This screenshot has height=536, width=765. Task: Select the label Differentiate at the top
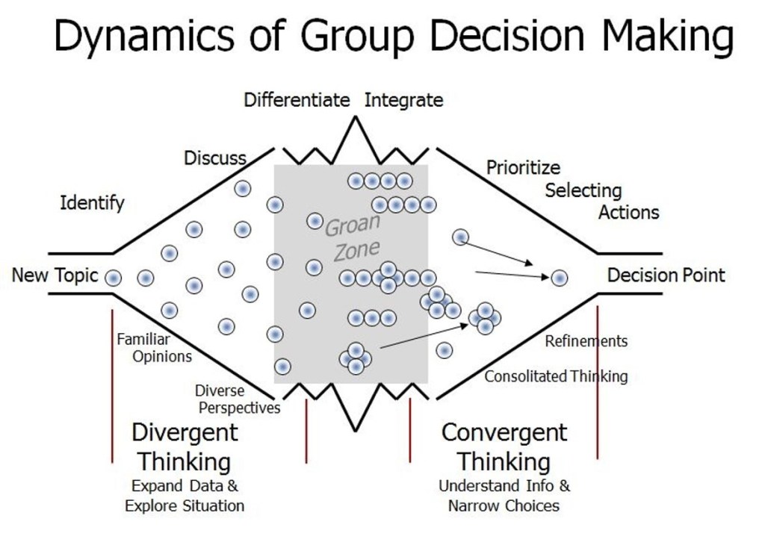pyautogui.click(x=297, y=100)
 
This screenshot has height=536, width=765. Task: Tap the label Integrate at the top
pyautogui.click(x=403, y=100)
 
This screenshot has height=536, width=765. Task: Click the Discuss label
pyautogui.click(x=215, y=158)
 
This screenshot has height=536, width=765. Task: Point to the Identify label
pyautogui.click(x=92, y=203)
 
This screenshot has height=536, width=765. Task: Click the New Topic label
pyautogui.click(x=55, y=275)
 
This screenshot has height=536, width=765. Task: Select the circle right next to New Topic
pyautogui.click(x=113, y=278)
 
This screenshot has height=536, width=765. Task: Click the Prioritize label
pyautogui.click(x=523, y=167)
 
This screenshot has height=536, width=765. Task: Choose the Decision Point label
pyautogui.click(x=666, y=275)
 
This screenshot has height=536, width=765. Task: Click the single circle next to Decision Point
pyautogui.click(x=560, y=278)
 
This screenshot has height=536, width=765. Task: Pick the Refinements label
pyautogui.click(x=586, y=341)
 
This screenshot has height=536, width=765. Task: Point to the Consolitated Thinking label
pyautogui.click(x=556, y=376)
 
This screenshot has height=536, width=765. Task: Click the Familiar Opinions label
pyautogui.click(x=154, y=348)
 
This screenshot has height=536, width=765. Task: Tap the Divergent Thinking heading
pyautogui.click(x=185, y=446)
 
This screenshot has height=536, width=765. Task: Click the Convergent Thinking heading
pyautogui.click(x=504, y=446)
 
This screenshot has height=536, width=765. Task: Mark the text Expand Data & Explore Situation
pyautogui.click(x=185, y=496)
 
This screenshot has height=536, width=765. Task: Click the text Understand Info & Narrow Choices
pyautogui.click(x=504, y=496)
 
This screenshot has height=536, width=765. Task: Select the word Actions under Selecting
pyautogui.click(x=629, y=212)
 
